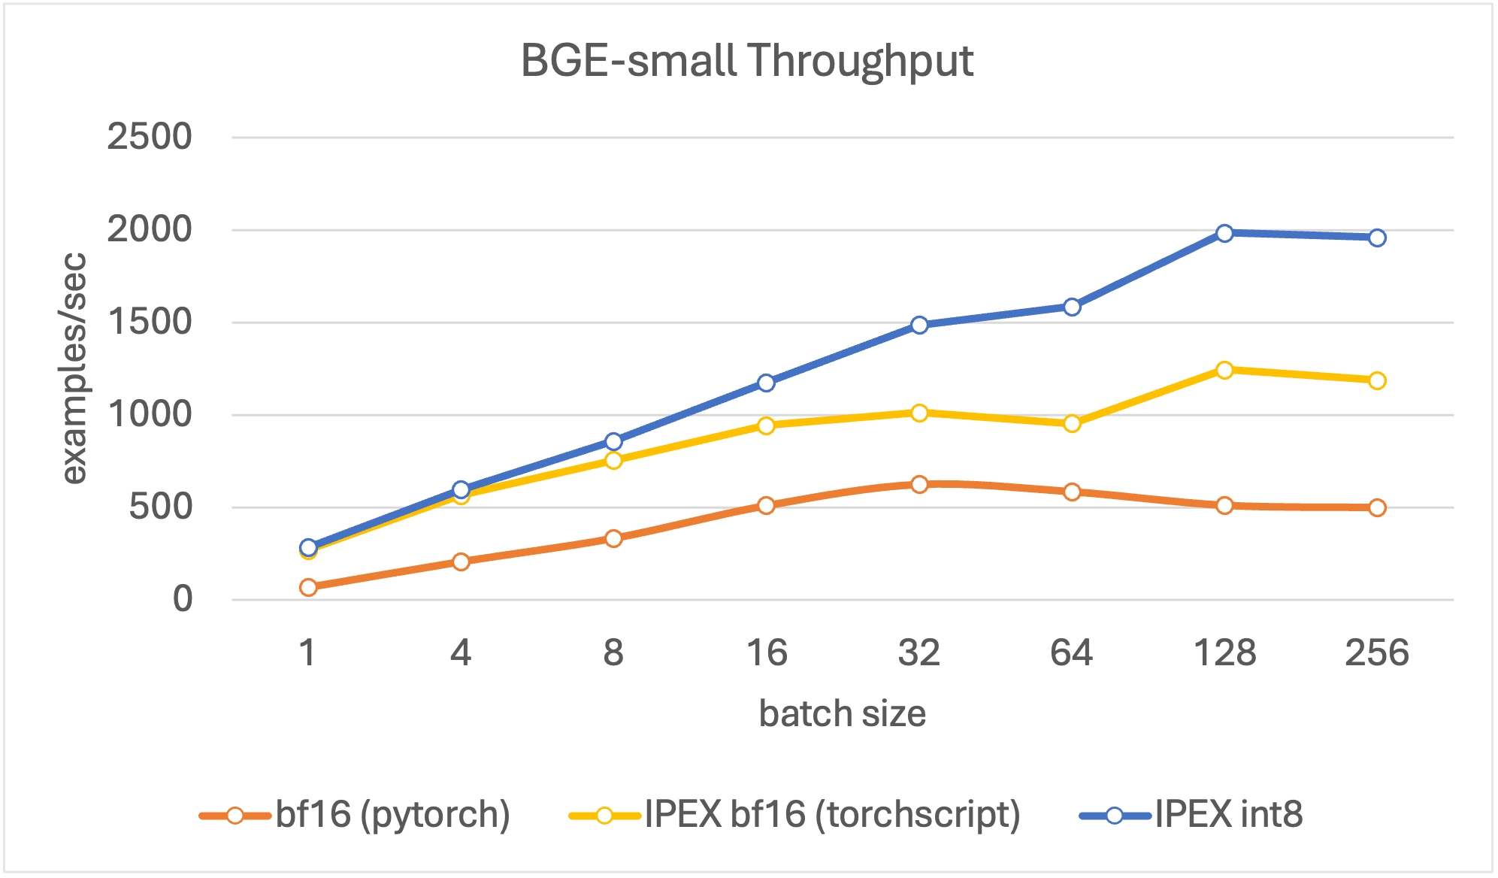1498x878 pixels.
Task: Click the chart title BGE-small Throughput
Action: (746, 60)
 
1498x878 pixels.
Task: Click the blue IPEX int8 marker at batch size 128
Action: (1224, 233)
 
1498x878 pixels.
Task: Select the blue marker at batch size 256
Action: (1377, 238)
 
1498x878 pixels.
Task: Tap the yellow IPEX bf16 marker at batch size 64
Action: (1072, 423)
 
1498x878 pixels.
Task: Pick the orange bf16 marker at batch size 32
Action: (919, 484)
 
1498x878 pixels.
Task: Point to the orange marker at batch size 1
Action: (308, 587)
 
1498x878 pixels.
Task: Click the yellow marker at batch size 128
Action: (1224, 370)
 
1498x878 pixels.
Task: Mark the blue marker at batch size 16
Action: (766, 383)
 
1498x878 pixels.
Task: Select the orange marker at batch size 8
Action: (613, 538)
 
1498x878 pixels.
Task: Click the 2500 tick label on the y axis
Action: (150, 137)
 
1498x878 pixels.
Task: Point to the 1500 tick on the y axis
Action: (150, 322)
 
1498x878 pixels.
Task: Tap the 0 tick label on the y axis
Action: (183, 599)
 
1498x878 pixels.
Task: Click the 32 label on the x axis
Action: (918, 652)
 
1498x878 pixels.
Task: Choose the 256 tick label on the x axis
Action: (1376, 652)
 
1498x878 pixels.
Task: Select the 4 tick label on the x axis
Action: (461, 652)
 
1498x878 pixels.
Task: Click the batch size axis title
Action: (842, 713)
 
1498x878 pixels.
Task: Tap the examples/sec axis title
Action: (74, 368)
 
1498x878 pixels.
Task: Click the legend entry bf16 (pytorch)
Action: (392, 814)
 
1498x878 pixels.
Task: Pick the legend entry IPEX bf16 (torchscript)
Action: (832, 814)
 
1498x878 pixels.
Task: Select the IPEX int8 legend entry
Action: (1228, 814)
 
